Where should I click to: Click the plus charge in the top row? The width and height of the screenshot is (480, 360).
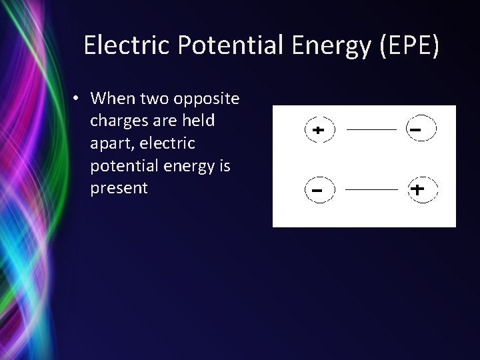319,130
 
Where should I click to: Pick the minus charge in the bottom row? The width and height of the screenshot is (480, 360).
319,190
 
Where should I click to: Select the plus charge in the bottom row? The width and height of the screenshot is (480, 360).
419,190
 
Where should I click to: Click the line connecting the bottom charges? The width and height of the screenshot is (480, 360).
369,190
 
